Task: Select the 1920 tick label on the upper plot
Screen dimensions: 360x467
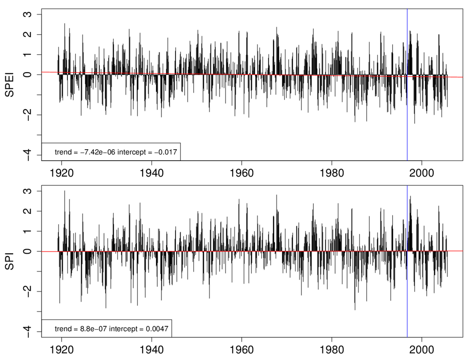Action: pyautogui.click(x=62, y=173)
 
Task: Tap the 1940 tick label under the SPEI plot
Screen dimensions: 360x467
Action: pyautogui.click(x=151, y=173)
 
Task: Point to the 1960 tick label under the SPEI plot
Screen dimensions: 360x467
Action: pyautogui.click(x=241, y=173)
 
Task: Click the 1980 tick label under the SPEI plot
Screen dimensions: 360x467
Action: pyautogui.click(x=332, y=173)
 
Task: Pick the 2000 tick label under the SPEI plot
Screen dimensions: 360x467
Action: pyautogui.click(x=421, y=173)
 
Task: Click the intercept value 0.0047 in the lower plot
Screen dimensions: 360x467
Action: pyautogui.click(x=154, y=329)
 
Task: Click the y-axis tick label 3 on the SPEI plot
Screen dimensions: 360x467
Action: pyautogui.click(x=28, y=15)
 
